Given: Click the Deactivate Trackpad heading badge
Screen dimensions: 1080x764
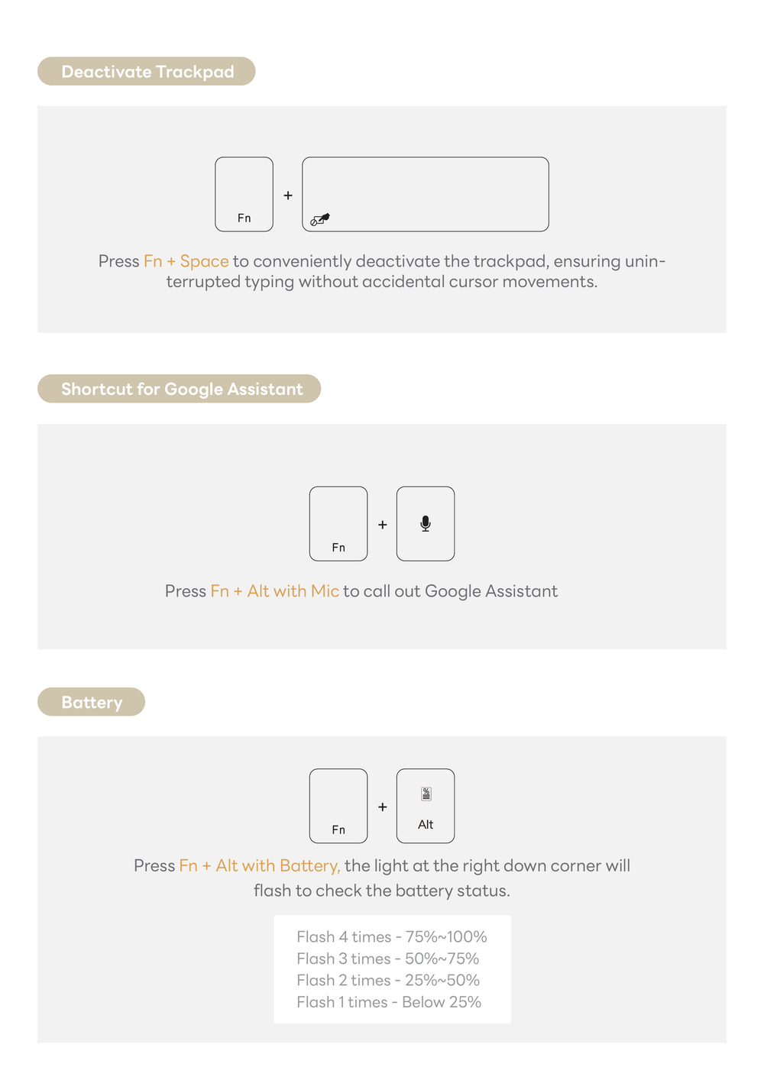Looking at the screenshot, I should click(x=147, y=71).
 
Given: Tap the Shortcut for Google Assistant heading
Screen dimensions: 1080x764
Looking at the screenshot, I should click(x=180, y=389).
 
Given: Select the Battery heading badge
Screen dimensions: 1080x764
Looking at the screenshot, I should click(x=91, y=702).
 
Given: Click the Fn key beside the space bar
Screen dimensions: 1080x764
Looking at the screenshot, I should click(x=244, y=195).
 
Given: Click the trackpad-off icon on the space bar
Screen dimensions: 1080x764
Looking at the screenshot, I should click(x=319, y=220).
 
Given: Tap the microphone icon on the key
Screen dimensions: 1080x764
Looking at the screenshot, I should click(x=426, y=523).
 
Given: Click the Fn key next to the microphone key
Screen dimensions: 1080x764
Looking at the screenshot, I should click(x=338, y=524).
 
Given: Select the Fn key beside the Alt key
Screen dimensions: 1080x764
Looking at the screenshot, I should click(x=338, y=806).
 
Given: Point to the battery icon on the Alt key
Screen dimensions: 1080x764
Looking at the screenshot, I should click(x=426, y=794).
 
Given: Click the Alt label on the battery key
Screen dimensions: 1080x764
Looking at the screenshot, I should click(x=426, y=825).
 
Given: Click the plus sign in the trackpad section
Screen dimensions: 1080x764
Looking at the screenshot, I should click(x=288, y=196).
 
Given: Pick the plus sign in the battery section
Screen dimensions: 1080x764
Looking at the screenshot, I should click(x=383, y=807).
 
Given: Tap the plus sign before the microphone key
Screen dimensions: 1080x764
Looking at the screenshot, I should click(x=383, y=525).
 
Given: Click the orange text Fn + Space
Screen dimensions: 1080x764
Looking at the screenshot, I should click(x=186, y=261).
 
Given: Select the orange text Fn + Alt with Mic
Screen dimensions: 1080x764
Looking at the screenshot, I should click(x=274, y=591).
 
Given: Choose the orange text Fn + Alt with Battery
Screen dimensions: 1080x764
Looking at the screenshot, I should click(x=259, y=865).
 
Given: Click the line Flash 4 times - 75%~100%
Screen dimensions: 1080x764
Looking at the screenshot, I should click(x=392, y=937).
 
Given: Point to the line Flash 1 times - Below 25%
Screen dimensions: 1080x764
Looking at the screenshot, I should click(x=389, y=1002).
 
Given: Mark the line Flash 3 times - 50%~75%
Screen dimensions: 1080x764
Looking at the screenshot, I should click(x=388, y=959).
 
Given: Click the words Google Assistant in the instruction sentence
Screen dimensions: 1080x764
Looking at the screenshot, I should click(x=491, y=591).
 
